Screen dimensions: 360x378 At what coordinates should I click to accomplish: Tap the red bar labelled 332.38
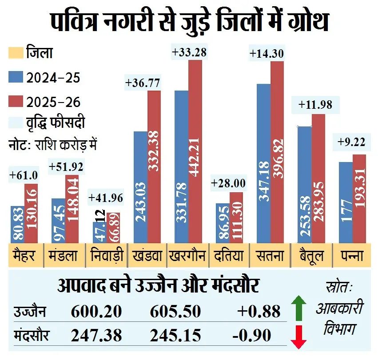[x=154, y=166]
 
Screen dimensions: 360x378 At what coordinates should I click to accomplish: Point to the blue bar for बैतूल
[x=304, y=184]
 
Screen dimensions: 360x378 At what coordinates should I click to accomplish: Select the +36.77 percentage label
[x=143, y=83]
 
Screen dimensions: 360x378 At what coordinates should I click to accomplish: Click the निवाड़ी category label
[x=106, y=256]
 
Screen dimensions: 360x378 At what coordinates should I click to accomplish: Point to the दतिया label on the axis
[x=229, y=256]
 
